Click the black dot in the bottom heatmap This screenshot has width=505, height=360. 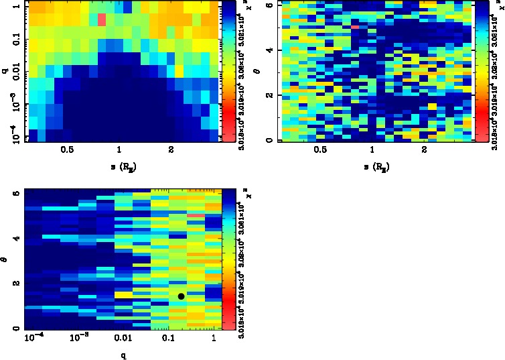(x=181, y=296)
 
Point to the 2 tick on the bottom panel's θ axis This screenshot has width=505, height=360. (x=16, y=284)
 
